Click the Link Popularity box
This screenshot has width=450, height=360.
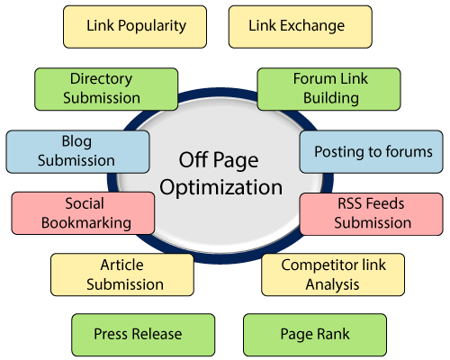[x=136, y=26]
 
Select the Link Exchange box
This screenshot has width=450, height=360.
[x=296, y=26]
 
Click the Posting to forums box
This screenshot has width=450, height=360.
[x=373, y=151]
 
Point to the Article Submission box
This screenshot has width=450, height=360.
[x=121, y=274]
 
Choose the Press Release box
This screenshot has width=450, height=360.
[x=142, y=335]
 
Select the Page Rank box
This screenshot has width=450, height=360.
[x=314, y=335]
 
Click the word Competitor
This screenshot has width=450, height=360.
[x=322, y=265]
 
